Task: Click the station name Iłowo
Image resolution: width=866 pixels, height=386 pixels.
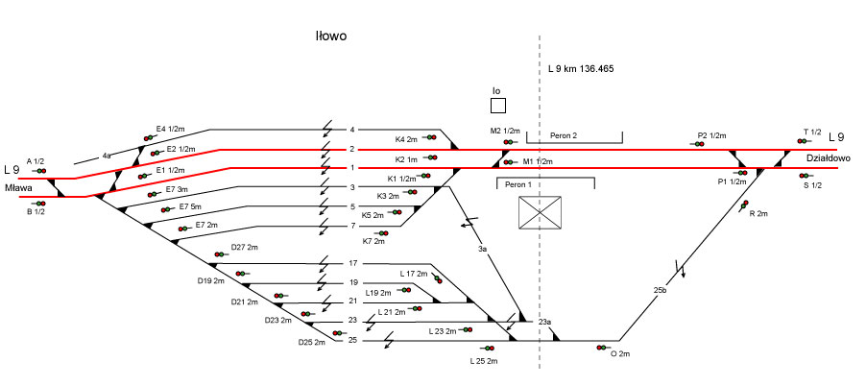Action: click(330, 36)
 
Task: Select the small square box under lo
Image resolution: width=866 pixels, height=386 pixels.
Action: click(497, 105)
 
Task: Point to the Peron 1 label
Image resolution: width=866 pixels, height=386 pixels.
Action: click(517, 183)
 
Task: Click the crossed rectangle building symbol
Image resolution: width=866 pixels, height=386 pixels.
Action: click(540, 212)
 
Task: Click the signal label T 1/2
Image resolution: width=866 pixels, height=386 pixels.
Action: click(812, 132)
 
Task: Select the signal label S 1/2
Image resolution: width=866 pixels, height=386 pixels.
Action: click(812, 185)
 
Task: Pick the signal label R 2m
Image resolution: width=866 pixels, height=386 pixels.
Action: click(758, 213)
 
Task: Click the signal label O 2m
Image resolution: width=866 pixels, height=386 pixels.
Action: click(620, 354)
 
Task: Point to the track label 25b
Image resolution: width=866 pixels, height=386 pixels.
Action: click(660, 289)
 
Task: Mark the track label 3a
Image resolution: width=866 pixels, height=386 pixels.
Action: click(483, 249)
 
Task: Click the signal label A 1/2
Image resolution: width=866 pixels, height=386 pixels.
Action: click(36, 160)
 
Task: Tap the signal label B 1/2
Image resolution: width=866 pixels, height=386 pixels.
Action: click(36, 212)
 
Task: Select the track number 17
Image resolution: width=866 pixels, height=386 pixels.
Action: click(352, 263)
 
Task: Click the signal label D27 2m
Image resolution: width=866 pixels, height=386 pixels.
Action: click(245, 247)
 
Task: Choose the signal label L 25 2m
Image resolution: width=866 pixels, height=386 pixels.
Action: click(484, 360)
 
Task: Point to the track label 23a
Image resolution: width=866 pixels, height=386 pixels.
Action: click(544, 322)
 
